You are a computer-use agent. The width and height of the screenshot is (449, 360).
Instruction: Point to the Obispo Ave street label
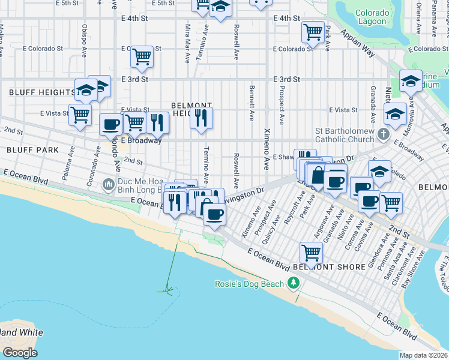click(x=85, y=38)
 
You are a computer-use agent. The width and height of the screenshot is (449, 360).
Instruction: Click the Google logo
click(x=20, y=353)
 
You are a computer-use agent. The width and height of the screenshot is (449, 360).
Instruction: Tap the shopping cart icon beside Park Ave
click(x=313, y=31)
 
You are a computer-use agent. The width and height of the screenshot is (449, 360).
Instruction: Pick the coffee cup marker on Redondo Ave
click(x=110, y=125)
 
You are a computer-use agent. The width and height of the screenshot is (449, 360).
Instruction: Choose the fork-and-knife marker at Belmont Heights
click(x=202, y=117)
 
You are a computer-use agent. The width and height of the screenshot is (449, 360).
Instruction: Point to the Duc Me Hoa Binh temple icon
click(x=108, y=183)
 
